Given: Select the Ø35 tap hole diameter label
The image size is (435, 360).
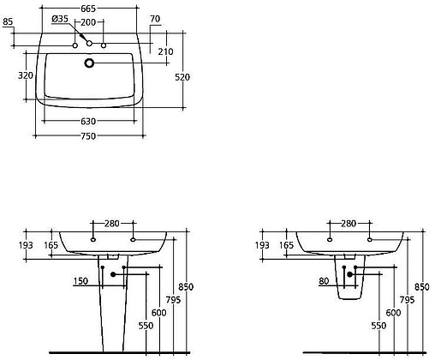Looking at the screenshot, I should pos(60,20).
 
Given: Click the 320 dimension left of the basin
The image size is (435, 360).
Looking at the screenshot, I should pos(27,75).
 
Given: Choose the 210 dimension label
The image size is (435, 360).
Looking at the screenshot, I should pos(165,52).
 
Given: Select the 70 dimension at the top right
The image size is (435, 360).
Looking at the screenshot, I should pos(155,19).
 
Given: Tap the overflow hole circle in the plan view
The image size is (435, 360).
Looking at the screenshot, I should pos(89,62).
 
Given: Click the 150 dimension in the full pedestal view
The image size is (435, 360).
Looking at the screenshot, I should pos(80,281).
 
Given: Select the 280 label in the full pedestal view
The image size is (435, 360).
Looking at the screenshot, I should pos(112,224).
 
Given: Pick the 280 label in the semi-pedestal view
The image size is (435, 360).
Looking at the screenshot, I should pos(349,224).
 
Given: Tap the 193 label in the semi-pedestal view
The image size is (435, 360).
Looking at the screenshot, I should pos(261,245).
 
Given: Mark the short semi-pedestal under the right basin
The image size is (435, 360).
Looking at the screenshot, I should pos(349,287).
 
